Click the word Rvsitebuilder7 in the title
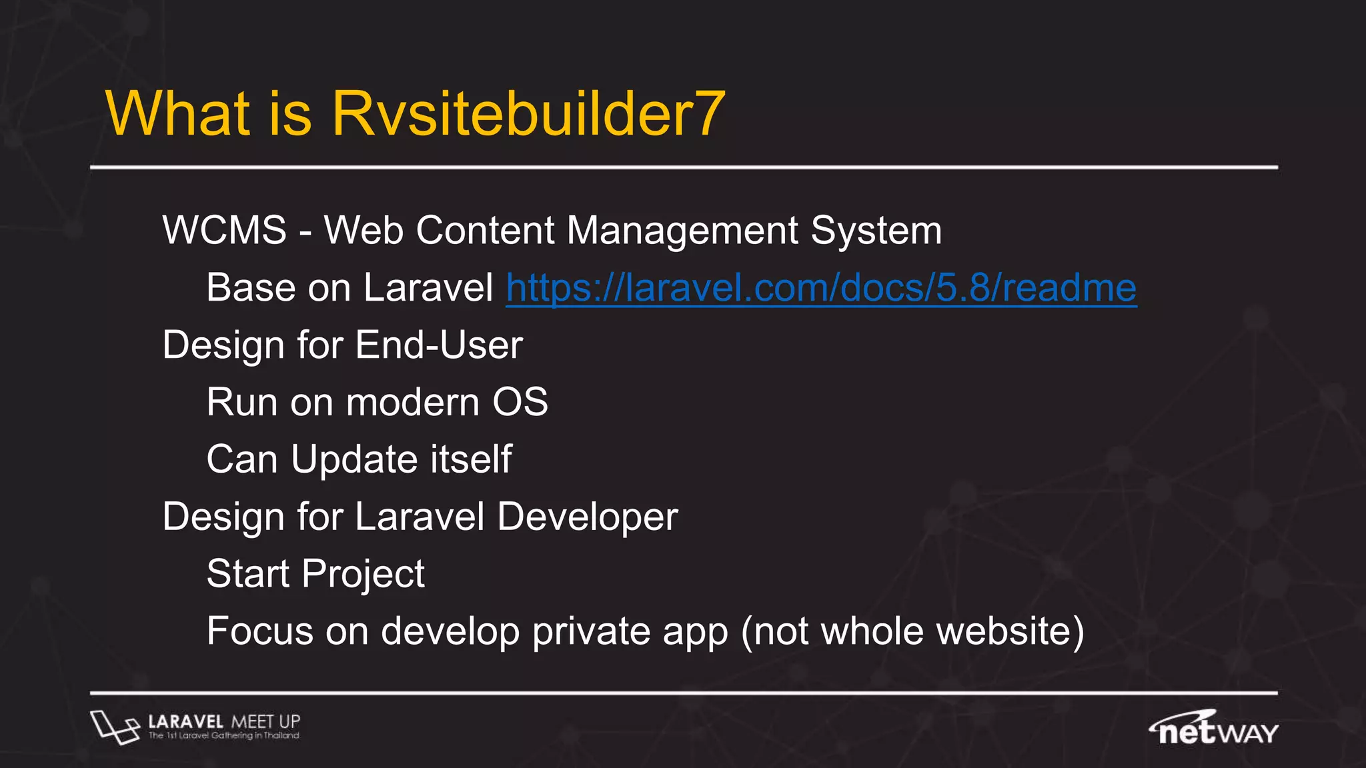[528, 114]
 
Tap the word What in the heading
[177, 114]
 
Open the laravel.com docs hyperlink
[821, 288]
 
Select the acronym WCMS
[224, 231]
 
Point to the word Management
[682, 231]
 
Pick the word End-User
[439, 345]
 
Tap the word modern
[413, 403]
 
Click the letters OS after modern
[520, 403]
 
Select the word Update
[355, 460]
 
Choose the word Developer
[588, 517]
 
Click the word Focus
[259, 631]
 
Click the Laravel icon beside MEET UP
[114, 727]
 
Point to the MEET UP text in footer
[265, 721]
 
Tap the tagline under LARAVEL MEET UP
[223, 736]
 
